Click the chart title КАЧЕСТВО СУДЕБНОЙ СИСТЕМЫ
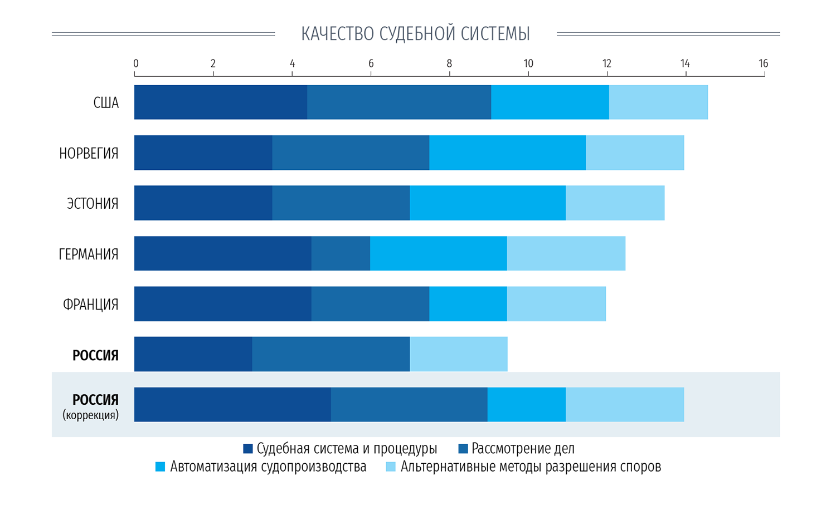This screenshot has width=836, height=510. tap(415, 34)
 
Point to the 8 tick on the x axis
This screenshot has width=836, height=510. tap(449, 64)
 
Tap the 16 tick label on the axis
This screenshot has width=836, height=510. tap(763, 64)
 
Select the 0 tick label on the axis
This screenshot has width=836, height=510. tap(135, 64)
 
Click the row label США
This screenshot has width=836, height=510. tap(106, 103)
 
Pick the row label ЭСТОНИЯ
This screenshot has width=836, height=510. tap(93, 204)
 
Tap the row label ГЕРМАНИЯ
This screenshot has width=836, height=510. tap(89, 254)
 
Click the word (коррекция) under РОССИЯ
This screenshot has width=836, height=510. tap(90, 415)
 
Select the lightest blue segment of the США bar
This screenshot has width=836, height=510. tap(658, 102)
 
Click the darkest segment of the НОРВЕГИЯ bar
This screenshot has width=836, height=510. tap(203, 153)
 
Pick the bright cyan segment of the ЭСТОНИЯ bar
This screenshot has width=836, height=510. tap(488, 203)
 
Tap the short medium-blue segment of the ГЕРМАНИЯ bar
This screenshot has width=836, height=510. tap(341, 253)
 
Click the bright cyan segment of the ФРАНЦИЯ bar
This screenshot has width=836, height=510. tap(468, 304)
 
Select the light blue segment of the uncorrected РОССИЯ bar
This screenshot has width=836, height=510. tap(459, 354)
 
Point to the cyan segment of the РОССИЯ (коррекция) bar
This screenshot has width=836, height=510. tap(527, 405)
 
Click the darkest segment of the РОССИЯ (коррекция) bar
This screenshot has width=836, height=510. tap(232, 405)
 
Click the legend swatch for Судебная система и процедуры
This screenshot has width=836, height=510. tap(248, 449)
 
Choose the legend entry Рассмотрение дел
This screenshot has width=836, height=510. tap(522, 449)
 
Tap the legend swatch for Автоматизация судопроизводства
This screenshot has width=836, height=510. tap(161, 467)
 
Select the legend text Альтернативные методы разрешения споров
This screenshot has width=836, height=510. tap(531, 467)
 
